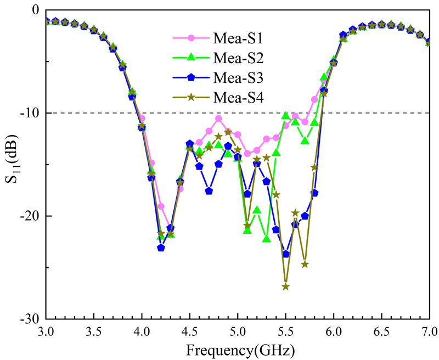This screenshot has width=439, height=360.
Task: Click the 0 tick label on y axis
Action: click(34, 10)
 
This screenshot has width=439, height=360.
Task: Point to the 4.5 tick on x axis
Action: click(190, 331)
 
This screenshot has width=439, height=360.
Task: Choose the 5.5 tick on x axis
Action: click(285, 331)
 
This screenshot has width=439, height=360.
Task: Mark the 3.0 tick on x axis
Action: click(47, 331)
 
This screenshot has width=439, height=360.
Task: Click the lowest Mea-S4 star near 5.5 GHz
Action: click(286, 287)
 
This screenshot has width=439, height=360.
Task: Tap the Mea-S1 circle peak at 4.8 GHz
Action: click(218, 119)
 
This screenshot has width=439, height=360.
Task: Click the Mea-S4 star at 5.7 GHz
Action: click(305, 265)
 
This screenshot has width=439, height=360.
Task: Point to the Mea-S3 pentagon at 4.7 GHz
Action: click(209, 191)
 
